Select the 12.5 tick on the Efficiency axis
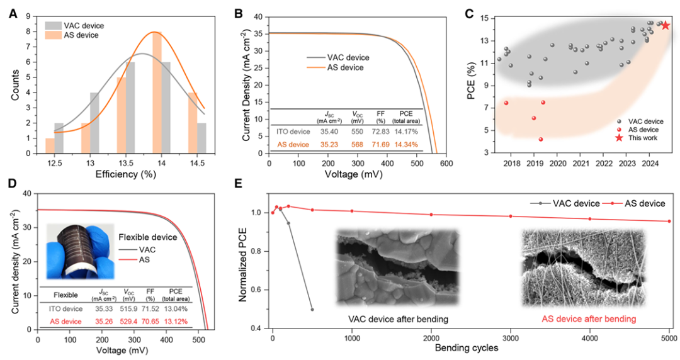54,162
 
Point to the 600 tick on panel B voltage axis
447,162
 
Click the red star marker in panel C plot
665,25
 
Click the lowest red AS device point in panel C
540,139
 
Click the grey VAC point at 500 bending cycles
312,310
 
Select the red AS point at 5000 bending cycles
669,221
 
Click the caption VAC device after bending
399,319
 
